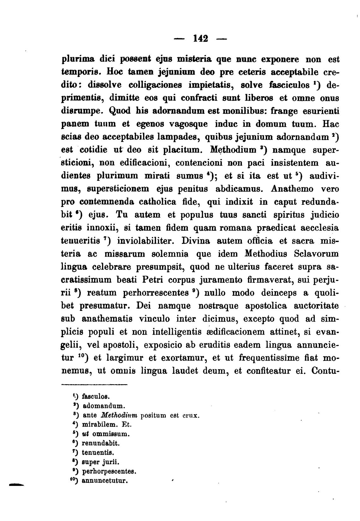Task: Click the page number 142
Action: pos(201,39)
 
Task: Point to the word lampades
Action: pos(177,137)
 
